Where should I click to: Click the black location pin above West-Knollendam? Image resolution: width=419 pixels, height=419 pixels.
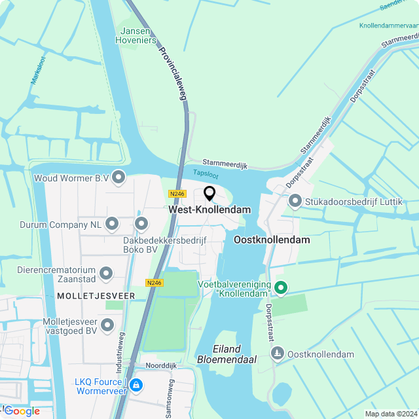pyautogui.click(x=209, y=193)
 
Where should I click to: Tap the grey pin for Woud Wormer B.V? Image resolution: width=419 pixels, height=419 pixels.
pyautogui.click(x=118, y=177)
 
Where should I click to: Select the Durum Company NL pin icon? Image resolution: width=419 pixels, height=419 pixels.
pyautogui.click(x=112, y=224)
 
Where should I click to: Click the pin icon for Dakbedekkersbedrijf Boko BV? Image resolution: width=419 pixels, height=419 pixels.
pyautogui.click(x=141, y=224)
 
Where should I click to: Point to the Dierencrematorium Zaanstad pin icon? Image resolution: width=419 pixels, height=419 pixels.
pyautogui.click(x=106, y=272)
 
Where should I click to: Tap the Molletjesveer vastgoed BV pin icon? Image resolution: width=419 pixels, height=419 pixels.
pyautogui.click(x=107, y=324)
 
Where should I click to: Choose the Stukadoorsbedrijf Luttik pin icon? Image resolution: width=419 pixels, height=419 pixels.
pyautogui.click(x=295, y=200)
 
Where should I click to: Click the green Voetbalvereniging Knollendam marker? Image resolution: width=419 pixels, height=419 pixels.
pyautogui.click(x=281, y=287)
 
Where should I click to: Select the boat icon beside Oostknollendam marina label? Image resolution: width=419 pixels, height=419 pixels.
pyautogui.click(x=278, y=354)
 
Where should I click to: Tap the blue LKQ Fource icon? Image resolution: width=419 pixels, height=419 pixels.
pyautogui.click(x=136, y=384)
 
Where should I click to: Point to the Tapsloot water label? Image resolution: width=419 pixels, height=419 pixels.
pyautogui.click(x=206, y=174)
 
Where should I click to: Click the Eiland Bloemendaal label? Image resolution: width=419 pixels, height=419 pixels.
pyautogui.click(x=227, y=354)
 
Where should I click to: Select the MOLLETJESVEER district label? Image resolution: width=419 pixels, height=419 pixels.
pyautogui.click(x=96, y=296)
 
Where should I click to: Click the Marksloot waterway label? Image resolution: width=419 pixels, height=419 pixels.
pyautogui.click(x=35, y=71)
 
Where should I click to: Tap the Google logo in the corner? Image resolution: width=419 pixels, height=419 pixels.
pyautogui.click(x=21, y=410)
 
